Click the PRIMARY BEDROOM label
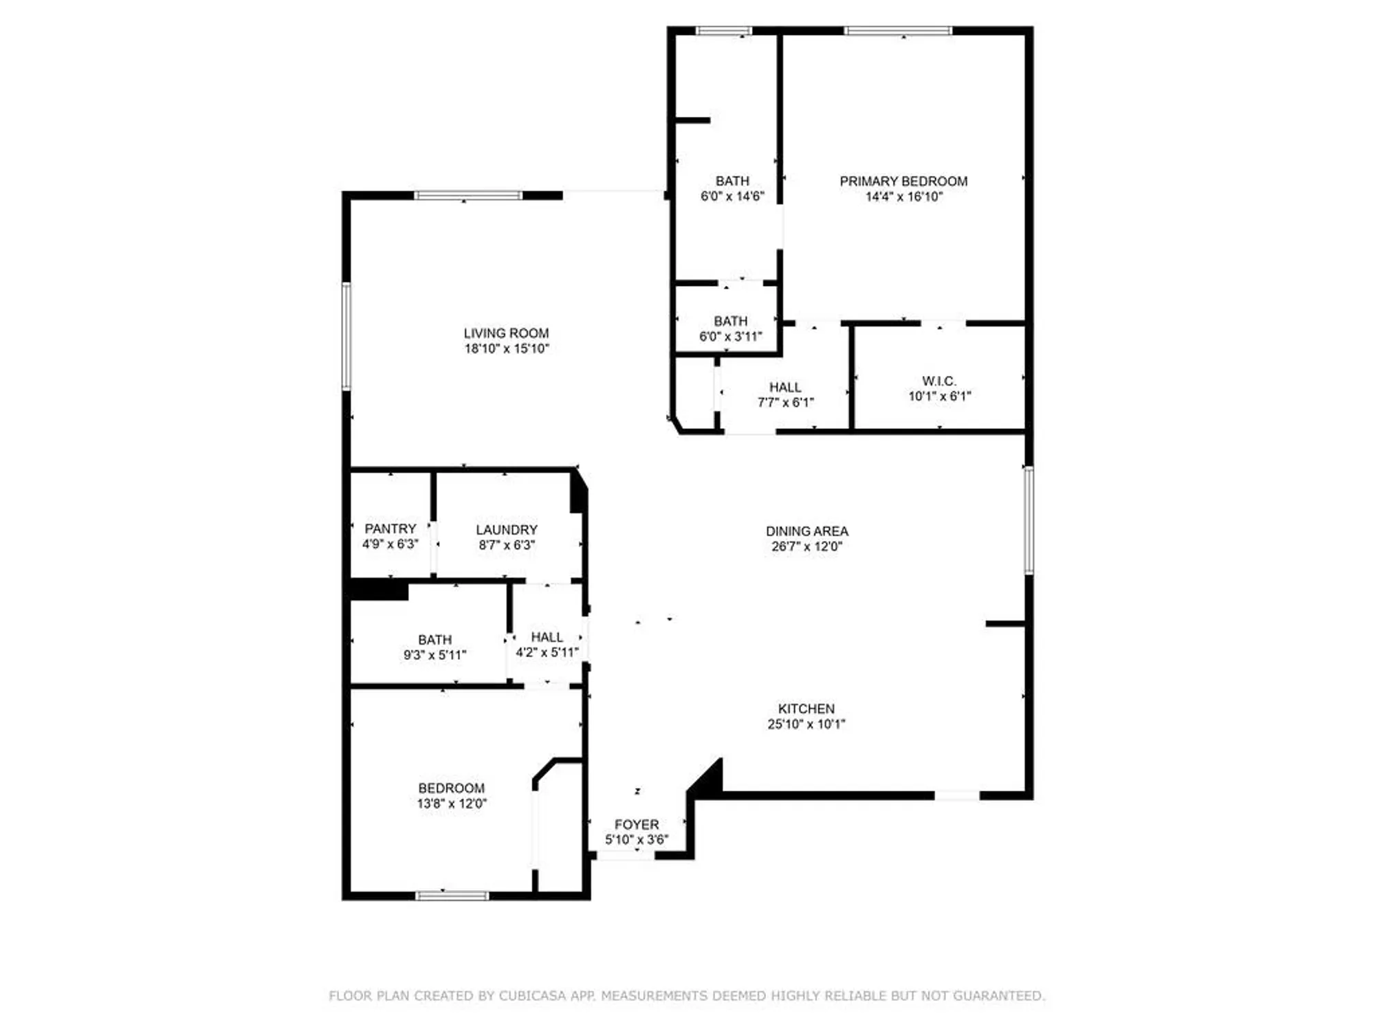point(903,181)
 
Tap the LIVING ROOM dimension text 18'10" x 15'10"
point(506,348)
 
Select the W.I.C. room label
point(938,381)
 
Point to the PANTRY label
point(390,529)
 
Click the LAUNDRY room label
point(506,529)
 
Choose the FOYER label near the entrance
point(636,824)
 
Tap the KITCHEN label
point(806,708)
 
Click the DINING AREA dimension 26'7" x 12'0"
point(806,546)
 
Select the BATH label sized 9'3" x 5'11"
point(434,639)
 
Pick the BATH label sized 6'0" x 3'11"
point(730,321)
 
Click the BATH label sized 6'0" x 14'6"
point(732,181)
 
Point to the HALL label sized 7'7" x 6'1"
point(784,387)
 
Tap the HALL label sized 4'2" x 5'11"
point(547,636)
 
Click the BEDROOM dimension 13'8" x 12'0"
point(451,803)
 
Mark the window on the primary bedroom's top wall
point(897,30)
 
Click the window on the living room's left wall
point(346,336)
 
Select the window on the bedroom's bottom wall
point(452,895)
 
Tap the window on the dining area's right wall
point(1028,520)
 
